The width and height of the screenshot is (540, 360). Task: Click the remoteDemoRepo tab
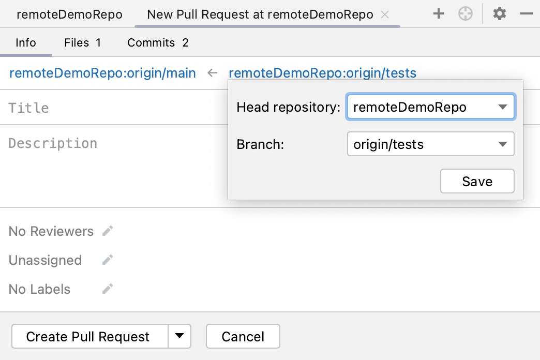point(69,14)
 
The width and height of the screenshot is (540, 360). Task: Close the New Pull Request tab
point(385,14)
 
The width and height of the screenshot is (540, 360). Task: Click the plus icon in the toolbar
point(439,14)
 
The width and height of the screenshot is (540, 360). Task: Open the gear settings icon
point(499,14)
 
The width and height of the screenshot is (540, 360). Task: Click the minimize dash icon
point(527,14)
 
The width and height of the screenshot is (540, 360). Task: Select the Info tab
point(26,42)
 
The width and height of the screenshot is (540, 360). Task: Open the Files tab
point(82,42)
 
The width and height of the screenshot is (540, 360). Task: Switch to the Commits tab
point(158,42)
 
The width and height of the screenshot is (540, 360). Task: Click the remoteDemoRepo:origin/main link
point(102,73)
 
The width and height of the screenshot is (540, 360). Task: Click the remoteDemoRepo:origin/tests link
point(322,73)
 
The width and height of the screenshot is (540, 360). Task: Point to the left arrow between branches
point(212,73)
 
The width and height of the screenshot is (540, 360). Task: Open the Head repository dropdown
point(430,107)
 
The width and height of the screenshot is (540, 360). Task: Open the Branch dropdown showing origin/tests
point(430,144)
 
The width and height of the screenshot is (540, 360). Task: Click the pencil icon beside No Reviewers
point(108,231)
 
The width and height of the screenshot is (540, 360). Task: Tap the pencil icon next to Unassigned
point(108,260)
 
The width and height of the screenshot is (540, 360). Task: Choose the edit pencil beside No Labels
point(108,289)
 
